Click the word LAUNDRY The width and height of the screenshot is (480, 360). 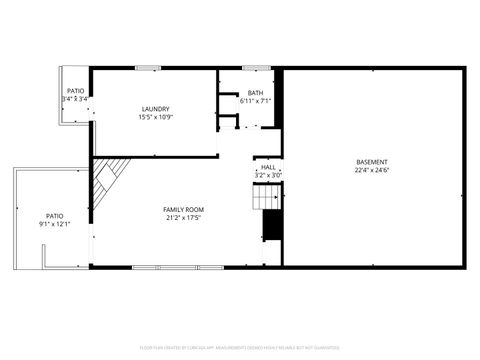pyautogui.click(x=155, y=109)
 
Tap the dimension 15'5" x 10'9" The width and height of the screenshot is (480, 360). pyautogui.click(x=155, y=118)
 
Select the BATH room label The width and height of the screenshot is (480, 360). pyautogui.click(x=255, y=93)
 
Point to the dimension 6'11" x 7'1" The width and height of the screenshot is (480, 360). pyautogui.click(x=255, y=101)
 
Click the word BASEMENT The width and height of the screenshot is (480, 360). pyautogui.click(x=372, y=162)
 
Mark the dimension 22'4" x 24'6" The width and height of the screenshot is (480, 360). pyautogui.click(x=372, y=171)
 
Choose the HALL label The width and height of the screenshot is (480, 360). pyautogui.click(x=268, y=167)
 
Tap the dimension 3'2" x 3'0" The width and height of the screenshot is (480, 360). pyautogui.click(x=268, y=175)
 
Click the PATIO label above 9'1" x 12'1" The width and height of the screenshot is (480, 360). pyautogui.click(x=54, y=216)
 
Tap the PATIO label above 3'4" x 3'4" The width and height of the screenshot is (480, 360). pyautogui.click(x=75, y=91)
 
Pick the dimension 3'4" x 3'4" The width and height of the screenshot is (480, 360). pyautogui.click(x=75, y=99)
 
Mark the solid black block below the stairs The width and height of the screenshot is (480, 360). pyautogui.click(x=270, y=227)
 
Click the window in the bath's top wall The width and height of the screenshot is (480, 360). pyautogui.click(x=257, y=68)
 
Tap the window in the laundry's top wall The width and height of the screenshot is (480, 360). pyautogui.click(x=149, y=68)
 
